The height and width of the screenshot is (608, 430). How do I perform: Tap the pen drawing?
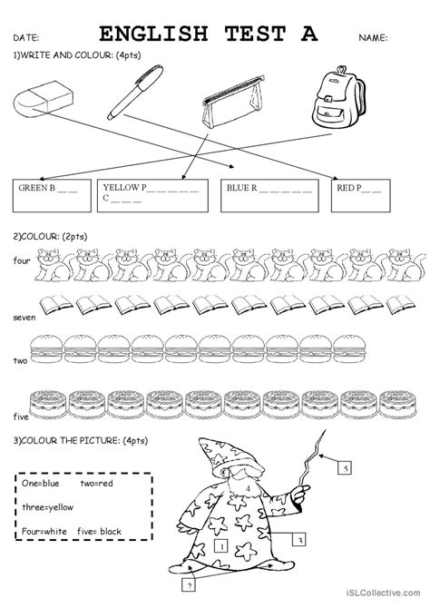click(134, 93)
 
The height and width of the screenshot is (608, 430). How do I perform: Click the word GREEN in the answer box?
click(33, 188)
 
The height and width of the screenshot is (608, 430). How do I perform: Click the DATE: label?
click(26, 37)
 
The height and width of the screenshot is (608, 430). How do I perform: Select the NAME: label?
click(373, 37)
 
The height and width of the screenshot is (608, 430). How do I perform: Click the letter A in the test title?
click(309, 34)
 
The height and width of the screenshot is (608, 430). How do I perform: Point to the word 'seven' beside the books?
click(24, 318)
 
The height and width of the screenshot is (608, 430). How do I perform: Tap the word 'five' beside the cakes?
click(21, 417)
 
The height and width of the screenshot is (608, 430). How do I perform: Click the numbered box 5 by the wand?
click(345, 468)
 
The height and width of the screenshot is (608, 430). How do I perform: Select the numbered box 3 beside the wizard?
click(298, 539)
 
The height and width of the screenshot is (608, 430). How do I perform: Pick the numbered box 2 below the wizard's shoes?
click(189, 585)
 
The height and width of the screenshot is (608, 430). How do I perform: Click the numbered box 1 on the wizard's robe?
click(221, 546)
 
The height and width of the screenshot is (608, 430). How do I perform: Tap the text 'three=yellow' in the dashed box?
click(47, 507)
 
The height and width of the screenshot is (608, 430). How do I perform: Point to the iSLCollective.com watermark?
click(383, 593)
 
